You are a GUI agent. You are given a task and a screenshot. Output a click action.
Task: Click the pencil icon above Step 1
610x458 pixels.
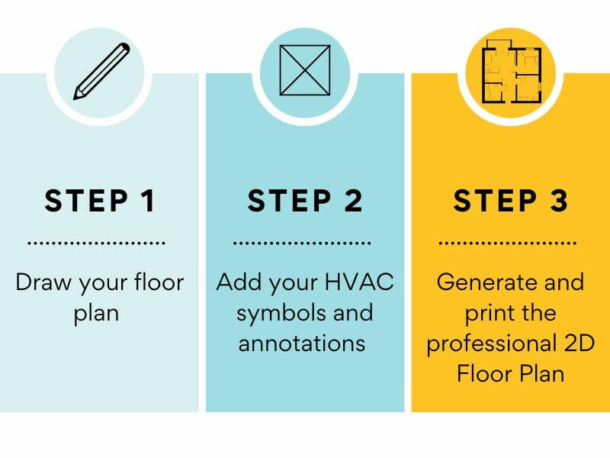[x=101, y=71]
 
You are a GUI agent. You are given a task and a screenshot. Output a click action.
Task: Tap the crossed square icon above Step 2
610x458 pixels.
[x=305, y=71]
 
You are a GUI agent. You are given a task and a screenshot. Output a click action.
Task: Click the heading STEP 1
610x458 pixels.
[x=100, y=200]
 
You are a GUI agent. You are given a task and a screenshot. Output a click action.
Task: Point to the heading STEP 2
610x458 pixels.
[x=305, y=200]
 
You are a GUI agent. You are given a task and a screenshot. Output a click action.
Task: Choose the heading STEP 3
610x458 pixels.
[x=510, y=200]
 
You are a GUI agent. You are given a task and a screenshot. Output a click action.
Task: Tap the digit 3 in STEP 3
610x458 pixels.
[x=558, y=200]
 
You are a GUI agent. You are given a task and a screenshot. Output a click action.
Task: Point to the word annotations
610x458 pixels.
[x=303, y=343]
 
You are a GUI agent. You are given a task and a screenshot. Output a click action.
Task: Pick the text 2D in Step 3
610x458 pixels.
[x=563, y=343]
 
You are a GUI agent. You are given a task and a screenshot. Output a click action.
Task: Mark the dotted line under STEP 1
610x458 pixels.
[x=97, y=244]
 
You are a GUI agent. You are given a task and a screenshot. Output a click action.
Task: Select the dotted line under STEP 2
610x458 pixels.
[x=302, y=244]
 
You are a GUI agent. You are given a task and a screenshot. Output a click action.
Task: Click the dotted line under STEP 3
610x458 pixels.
[x=508, y=244]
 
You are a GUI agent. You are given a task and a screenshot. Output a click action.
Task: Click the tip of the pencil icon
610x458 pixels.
[x=75, y=97]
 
